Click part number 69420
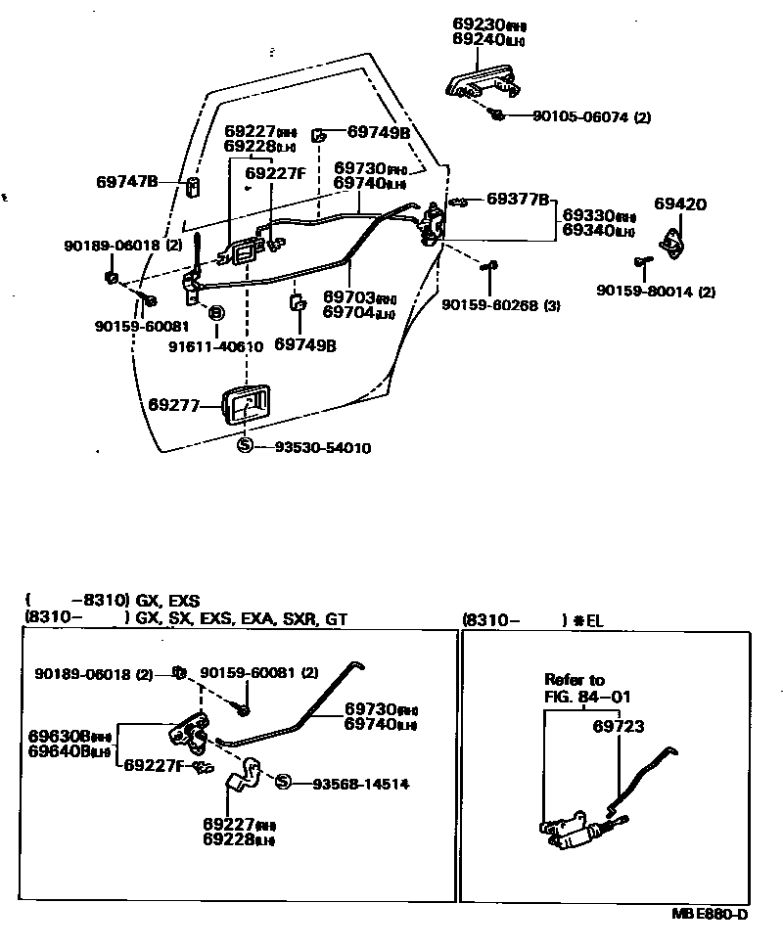680,204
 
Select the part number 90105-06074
580,117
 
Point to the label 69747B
127,182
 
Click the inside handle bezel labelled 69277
245,404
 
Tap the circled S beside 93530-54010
246,446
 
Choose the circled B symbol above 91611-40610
216,313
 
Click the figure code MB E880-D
710,915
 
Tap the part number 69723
618,726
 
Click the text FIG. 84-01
588,697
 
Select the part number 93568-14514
360,784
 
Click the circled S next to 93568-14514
283,783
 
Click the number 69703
346,297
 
